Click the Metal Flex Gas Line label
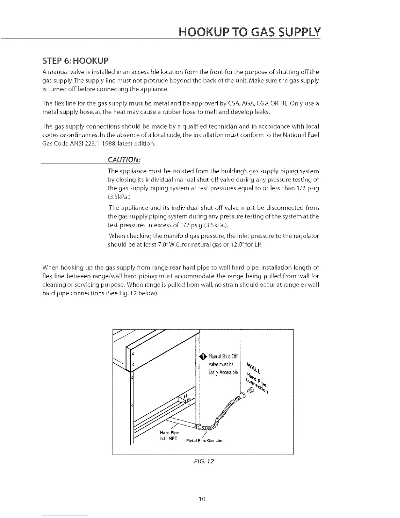205,440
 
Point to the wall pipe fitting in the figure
251,390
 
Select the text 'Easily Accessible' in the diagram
224,372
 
